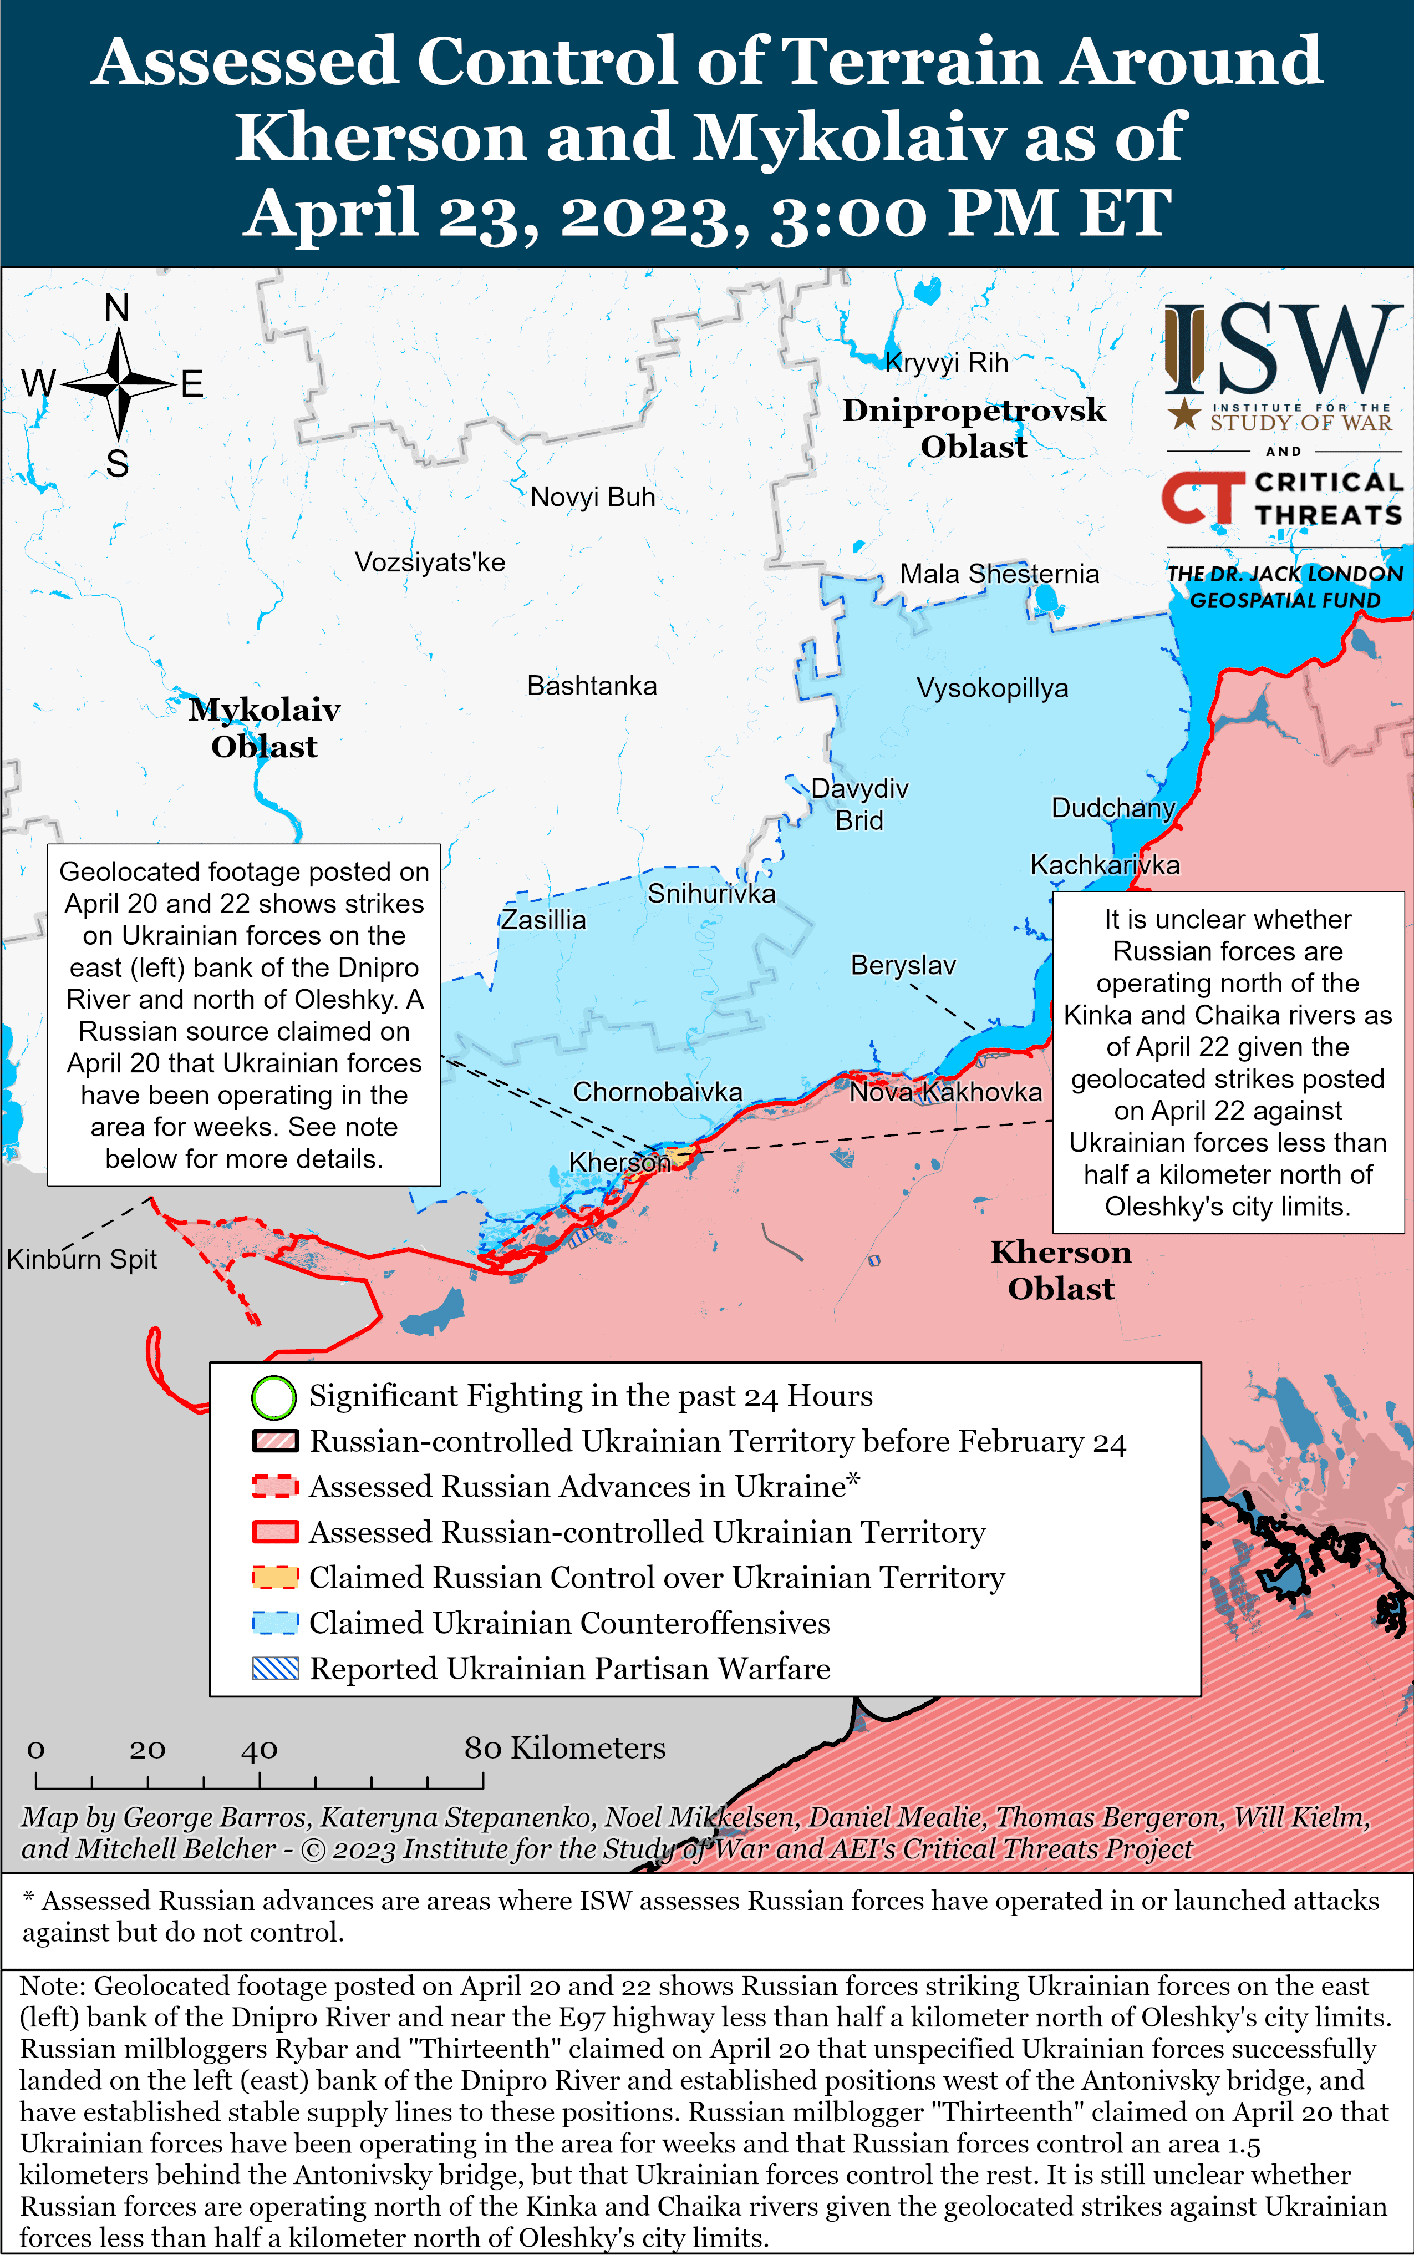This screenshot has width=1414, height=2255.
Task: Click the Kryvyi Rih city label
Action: pyautogui.click(x=947, y=363)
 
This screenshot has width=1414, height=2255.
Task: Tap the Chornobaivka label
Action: pyautogui.click(x=658, y=1092)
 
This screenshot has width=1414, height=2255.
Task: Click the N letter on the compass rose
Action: pyautogui.click(x=117, y=308)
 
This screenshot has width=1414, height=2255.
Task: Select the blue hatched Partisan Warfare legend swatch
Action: pyautogui.click(x=275, y=1669)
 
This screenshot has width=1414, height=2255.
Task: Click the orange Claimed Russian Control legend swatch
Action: pyautogui.click(x=275, y=1578)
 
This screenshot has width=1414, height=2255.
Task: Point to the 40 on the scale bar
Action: pyautogui.click(x=259, y=1749)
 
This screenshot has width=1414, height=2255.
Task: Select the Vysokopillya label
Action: pyautogui.click(x=991, y=688)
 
